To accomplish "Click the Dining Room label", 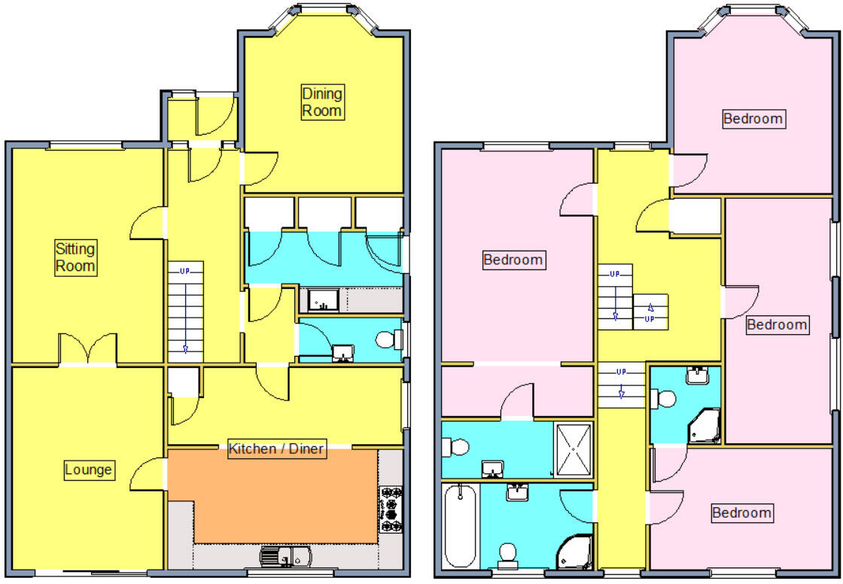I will click(x=322, y=102).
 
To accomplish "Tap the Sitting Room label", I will click(x=75, y=257).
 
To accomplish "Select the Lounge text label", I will click(x=88, y=470).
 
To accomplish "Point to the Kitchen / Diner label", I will click(x=276, y=449).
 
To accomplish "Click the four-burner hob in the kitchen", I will click(x=391, y=509).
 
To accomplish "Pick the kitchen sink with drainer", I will click(x=287, y=557).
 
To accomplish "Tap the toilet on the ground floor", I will click(x=387, y=340).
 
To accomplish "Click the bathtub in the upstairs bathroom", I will click(x=460, y=525).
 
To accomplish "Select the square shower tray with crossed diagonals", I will click(x=574, y=449).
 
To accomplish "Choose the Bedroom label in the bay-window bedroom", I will click(x=753, y=119).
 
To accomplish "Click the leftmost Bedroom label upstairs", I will click(x=513, y=260).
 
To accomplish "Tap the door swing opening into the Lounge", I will click(x=148, y=473).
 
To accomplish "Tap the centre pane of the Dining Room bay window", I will click(x=324, y=10).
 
